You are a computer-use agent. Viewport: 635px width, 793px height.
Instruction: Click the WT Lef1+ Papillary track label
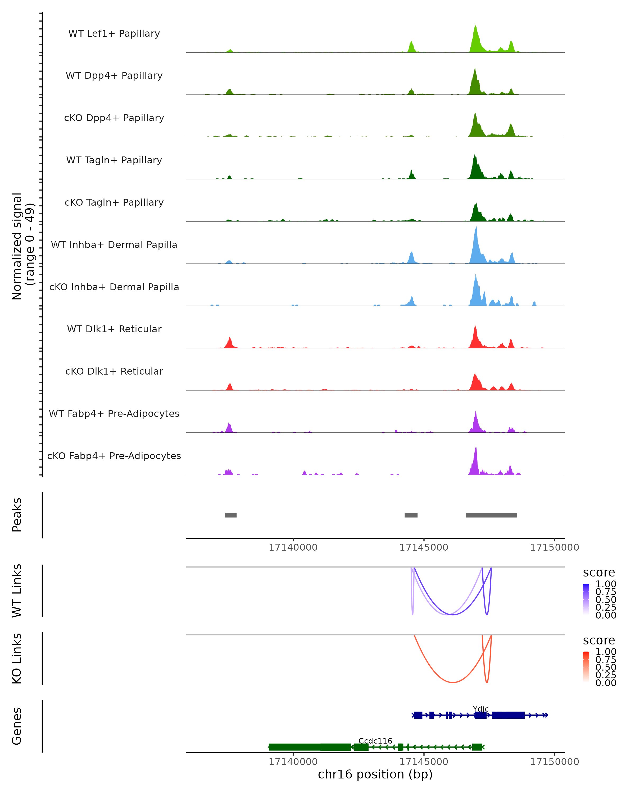pyautogui.click(x=114, y=34)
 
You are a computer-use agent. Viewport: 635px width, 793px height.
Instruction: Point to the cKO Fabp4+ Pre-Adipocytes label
pyautogui.click(x=114, y=456)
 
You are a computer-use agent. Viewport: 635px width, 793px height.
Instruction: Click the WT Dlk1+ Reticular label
pyautogui.click(x=114, y=329)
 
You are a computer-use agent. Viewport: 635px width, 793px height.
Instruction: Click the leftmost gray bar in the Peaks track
pyautogui.click(x=231, y=515)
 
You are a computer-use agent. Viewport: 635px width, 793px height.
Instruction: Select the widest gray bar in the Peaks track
pyautogui.click(x=491, y=515)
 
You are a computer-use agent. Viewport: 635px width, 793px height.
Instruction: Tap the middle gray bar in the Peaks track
pyautogui.click(x=411, y=515)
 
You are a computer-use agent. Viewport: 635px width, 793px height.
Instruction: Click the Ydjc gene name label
pyautogui.click(x=480, y=709)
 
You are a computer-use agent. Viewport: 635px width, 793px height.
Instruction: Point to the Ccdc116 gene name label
pyautogui.click(x=375, y=741)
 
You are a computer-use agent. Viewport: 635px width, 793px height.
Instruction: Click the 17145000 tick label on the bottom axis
pyautogui.click(x=424, y=762)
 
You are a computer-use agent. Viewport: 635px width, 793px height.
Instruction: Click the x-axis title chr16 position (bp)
pyautogui.click(x=375, y=774)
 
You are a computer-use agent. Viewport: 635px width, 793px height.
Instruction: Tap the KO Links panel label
pyautogui.click(x=17, y=658)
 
